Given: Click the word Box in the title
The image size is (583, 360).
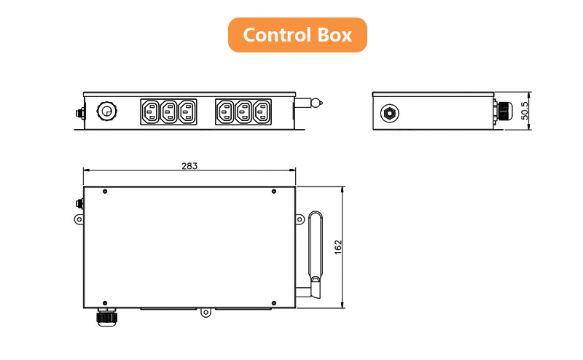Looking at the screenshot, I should click(334, 35).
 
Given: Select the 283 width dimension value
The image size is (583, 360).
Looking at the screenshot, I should click(189, 165).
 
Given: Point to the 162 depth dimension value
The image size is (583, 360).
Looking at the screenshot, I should click(337, 247).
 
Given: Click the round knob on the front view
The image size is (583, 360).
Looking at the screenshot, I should click(106, 111).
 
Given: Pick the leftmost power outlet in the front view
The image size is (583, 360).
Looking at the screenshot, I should click(151, 112).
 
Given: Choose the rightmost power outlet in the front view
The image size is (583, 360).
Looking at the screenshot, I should click(262, 112).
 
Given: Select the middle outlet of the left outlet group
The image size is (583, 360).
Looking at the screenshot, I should click(169, 112).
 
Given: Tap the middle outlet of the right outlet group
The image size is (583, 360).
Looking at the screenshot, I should click(243, 112).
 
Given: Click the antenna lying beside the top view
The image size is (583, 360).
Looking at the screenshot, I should click(315, 248).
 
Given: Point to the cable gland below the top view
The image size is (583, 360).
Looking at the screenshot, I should click(106, 316).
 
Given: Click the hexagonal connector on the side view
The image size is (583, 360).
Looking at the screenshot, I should click(390, 112).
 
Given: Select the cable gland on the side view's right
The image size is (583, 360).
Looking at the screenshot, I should click(501, 111).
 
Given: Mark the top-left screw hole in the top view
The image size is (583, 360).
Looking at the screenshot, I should click(106, 192).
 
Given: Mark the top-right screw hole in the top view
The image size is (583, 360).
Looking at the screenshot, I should click(273, 192).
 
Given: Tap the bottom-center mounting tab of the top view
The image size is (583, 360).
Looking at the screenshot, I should click(206, 313).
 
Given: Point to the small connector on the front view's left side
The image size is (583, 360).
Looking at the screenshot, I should click(79, 114).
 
